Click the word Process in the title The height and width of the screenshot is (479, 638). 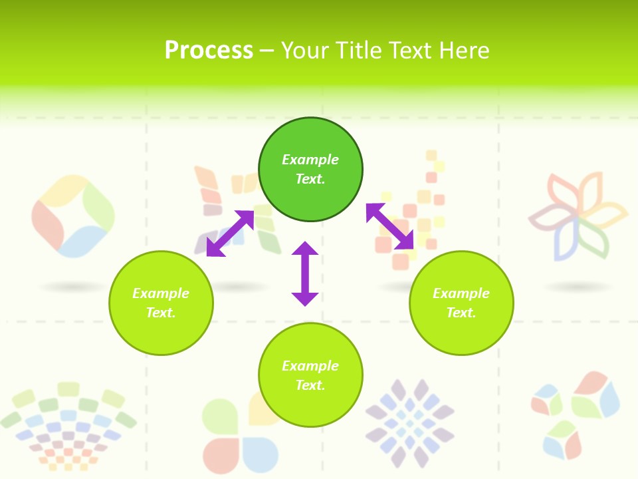tap(209, 51)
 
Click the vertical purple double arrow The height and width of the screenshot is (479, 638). tap(305, 273)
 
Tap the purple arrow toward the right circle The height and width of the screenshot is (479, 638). tap(390, 227)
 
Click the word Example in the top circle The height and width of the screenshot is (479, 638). tap(310, 160)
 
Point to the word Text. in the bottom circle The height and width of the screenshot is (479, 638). tap(310, 385)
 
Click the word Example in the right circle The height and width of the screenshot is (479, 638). tap(461, 293)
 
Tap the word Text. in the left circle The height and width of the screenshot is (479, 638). tap(161, 313)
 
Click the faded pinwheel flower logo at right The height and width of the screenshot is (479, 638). tap(578, 217)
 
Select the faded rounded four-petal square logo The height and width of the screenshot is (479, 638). tap(72, 216)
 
